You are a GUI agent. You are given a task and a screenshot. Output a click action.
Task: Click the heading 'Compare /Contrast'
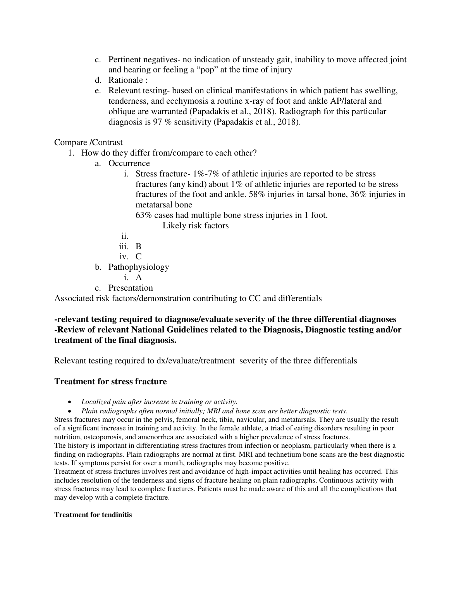click(x=88, y=142)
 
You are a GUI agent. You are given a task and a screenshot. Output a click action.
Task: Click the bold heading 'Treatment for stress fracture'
click(x=110, y=382)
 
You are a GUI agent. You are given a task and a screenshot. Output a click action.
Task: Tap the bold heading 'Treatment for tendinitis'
click(x=93, y=515)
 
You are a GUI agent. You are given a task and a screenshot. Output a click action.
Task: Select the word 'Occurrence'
click(x=129, y=163)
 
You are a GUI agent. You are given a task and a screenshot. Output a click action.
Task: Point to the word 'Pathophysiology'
click(x=139, y=267)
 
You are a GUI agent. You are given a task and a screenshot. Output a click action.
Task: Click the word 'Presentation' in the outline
click(x=131, y=288)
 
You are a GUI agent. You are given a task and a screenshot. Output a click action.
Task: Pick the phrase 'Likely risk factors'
click(x=196, y=226)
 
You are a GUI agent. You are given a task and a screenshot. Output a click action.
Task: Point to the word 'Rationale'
click(x=126, y=80)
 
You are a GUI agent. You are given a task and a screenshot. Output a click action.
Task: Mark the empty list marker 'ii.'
click(x=125, y=236)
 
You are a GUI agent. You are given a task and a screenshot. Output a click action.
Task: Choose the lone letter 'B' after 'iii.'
click(x=139, y=247)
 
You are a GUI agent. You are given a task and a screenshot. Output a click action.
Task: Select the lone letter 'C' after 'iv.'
click(x=139, y=257)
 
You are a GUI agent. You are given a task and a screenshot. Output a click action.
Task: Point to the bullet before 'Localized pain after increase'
click(x=70, y=402)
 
